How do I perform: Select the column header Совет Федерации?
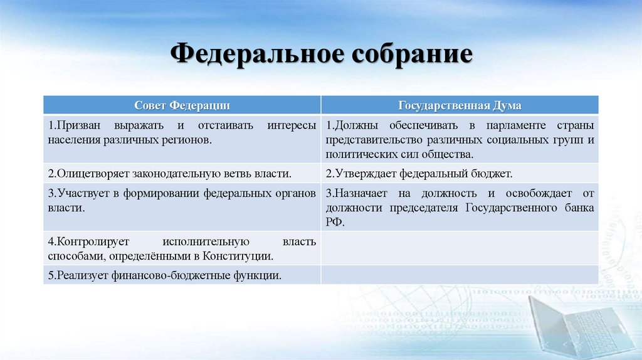click(x=182, y=104)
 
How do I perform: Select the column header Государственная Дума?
click(x=460, y=104)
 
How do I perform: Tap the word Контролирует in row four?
click(x=83, y=241)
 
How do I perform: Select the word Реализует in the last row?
click(x=76, y=275)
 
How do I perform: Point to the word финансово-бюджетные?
click(x=160, y=275)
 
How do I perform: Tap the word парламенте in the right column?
click(x=483, y=125)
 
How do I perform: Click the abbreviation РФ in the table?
click(x=334, y=221)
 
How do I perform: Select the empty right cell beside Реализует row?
click(x=460, y=275)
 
